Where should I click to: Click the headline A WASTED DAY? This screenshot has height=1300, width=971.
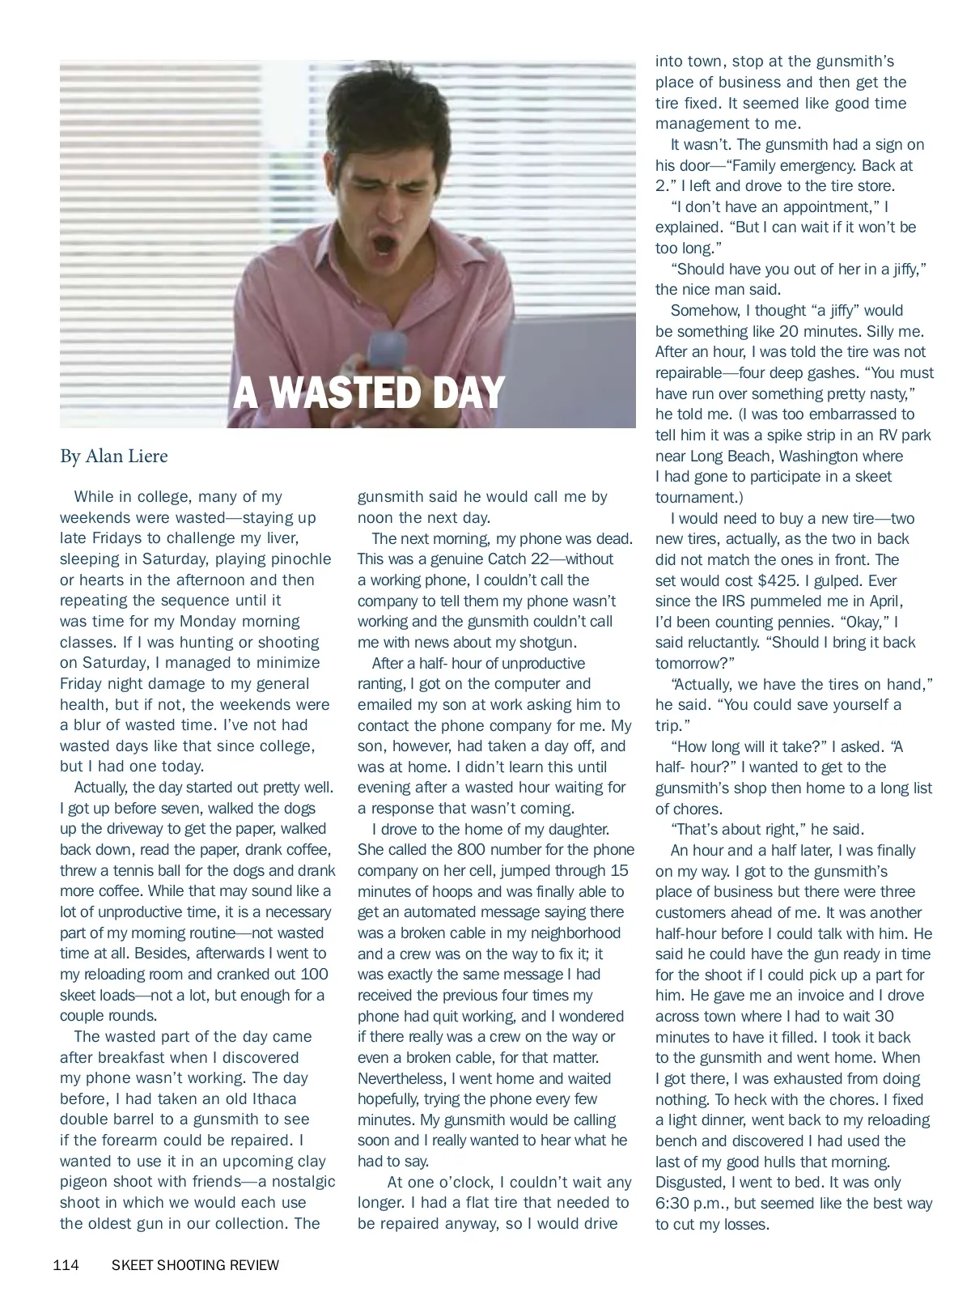click(x=368, y=393)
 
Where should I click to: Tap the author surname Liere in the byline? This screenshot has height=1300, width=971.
click(x=146, y=457)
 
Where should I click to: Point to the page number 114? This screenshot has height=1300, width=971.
click(x=66, y=1265)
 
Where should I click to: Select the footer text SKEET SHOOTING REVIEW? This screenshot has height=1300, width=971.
click(x=195, y=1265)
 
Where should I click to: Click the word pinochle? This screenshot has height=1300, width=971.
click(x=295, y=559)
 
